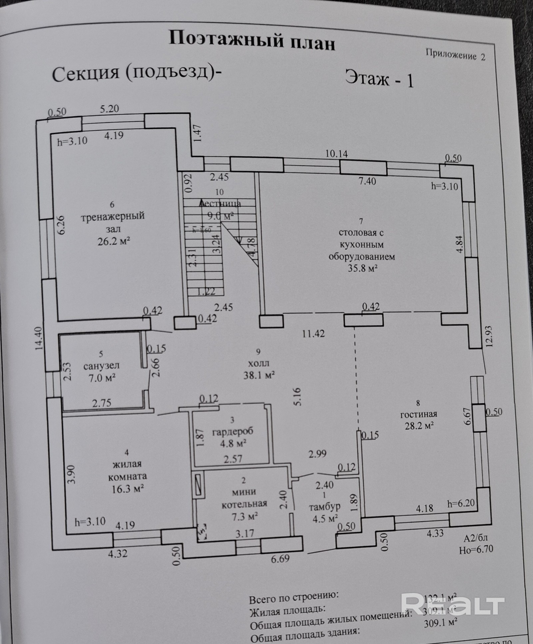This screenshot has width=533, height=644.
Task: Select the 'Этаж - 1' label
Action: pos(379,79)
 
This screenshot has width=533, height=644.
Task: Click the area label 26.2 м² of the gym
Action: pos(114,241)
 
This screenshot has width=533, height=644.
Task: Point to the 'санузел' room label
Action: pos(101,365)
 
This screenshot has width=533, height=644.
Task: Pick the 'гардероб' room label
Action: pos(233,431)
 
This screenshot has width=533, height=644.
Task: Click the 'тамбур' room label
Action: pos(324,507)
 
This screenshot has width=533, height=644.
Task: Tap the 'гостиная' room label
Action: pos(418,414)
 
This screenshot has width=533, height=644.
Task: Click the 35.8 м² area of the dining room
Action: pos(362,268)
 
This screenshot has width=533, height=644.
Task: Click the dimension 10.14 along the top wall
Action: pos(336,154)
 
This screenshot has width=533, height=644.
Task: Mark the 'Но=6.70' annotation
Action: pos(476,550)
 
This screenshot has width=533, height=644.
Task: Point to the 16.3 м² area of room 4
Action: pos(128,489)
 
